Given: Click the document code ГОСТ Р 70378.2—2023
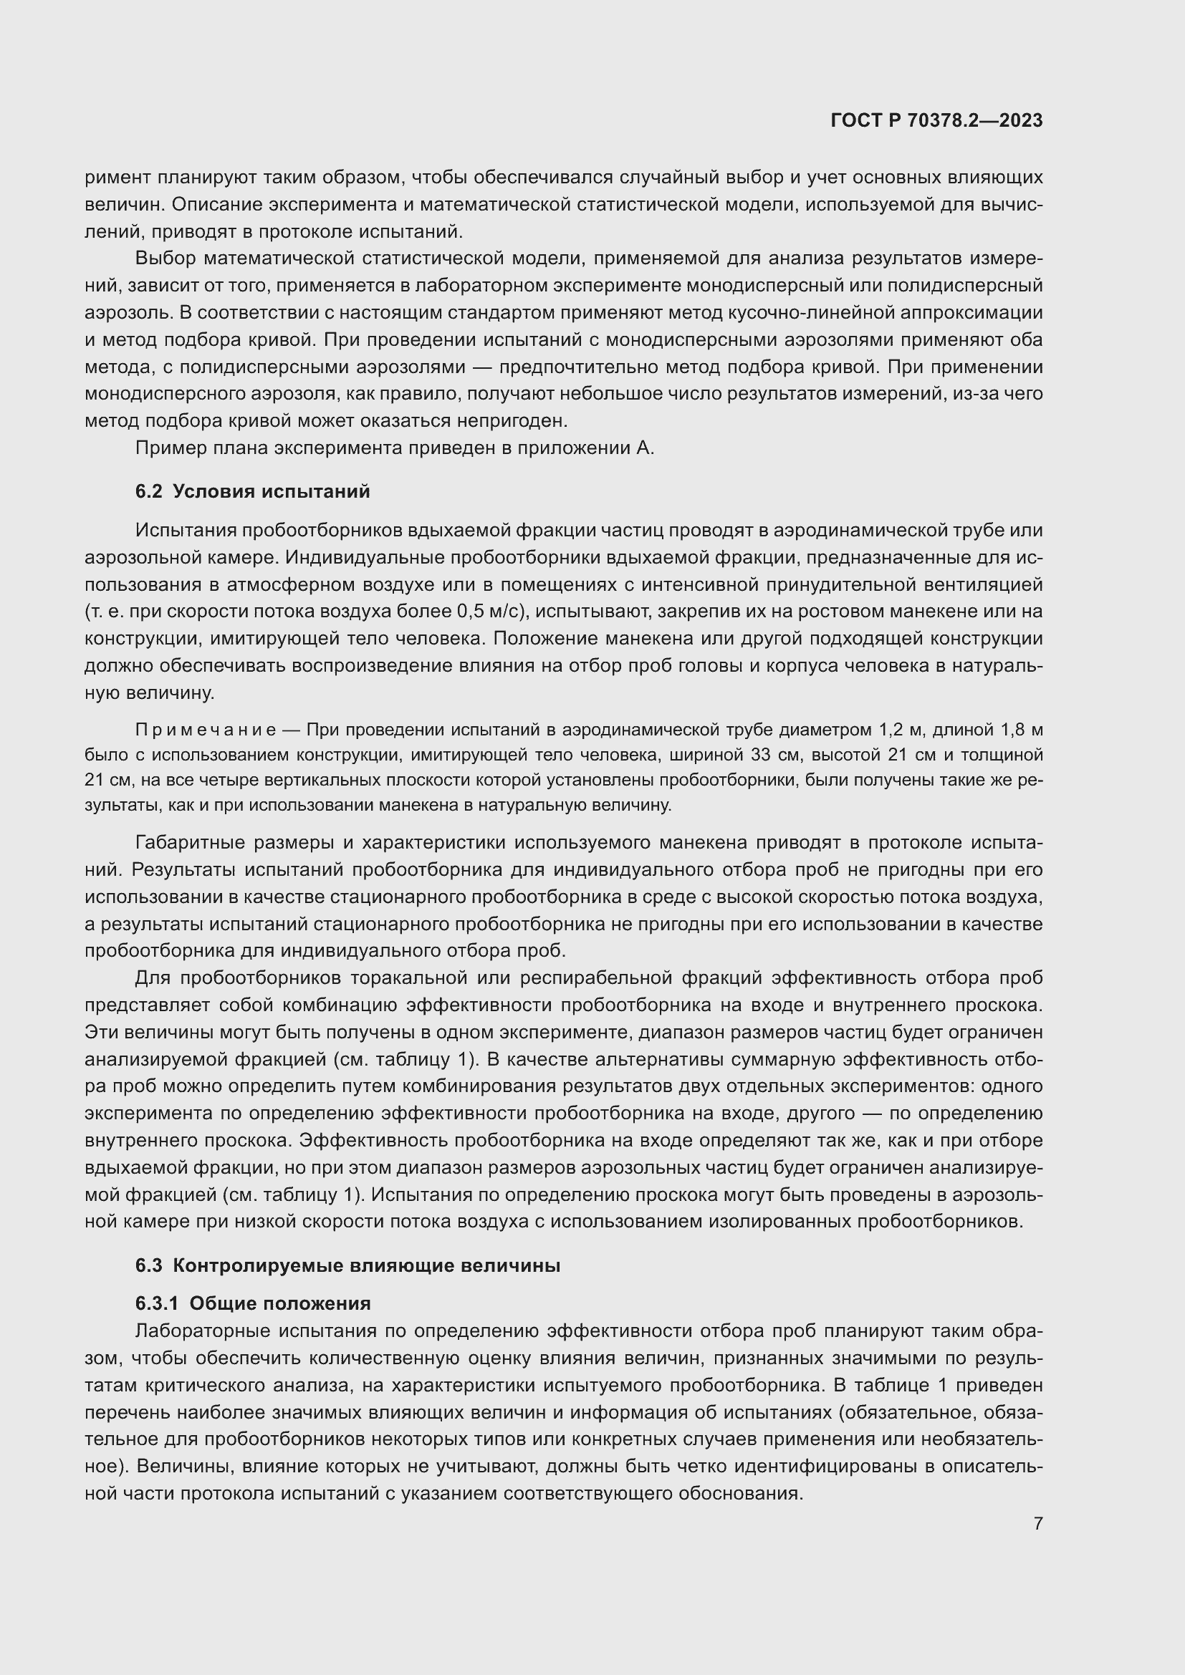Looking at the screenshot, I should click(x=936, y=120).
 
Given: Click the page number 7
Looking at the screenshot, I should click(x=1038, y=1523).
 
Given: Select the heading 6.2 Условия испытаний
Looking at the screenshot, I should click(x=252, y=491).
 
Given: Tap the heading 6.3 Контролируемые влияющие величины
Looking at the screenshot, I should click(x=347, y=1265).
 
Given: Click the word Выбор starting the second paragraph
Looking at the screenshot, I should click(x=165, y=259).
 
